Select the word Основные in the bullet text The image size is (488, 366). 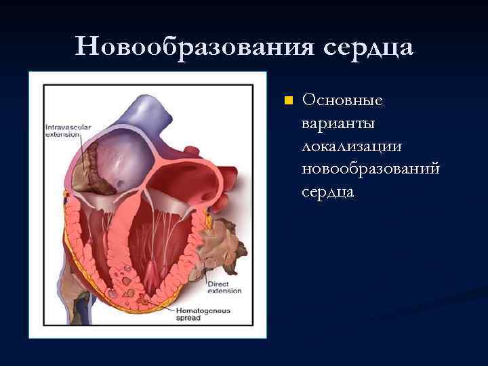[342, 100]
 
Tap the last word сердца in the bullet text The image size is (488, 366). [328, 192]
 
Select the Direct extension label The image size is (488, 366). [223, 287]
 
